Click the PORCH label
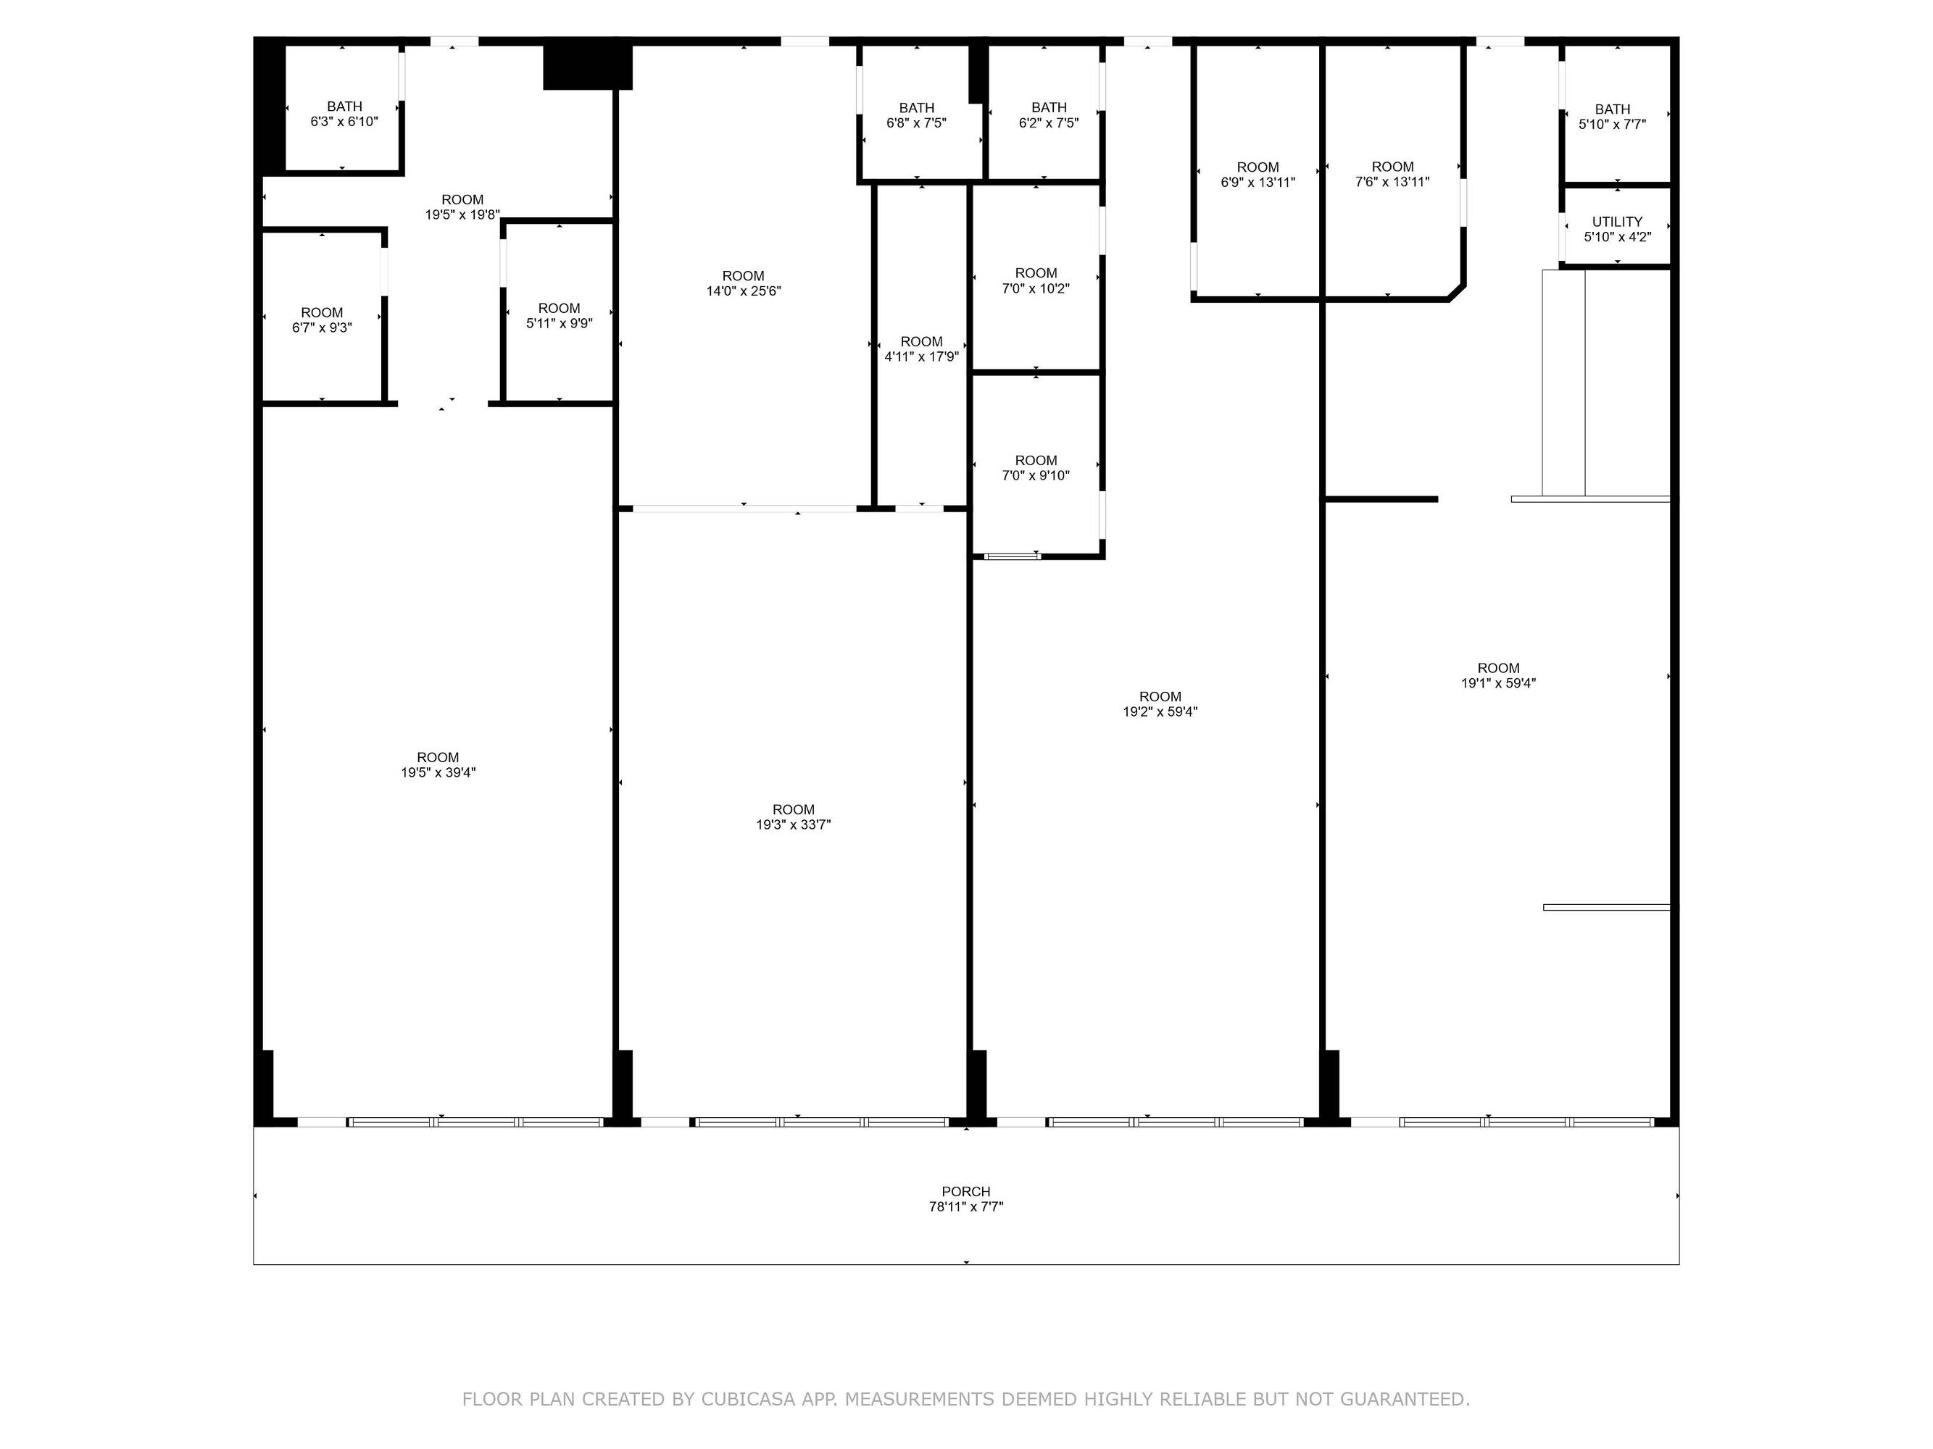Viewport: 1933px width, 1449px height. point(965,1191)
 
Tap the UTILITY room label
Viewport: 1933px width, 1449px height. point(1617,222)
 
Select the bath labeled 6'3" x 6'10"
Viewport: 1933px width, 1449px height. point(344,114)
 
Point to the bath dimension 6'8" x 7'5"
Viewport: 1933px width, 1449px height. point(916,123)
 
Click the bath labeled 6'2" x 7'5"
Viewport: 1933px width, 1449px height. point(1049,115)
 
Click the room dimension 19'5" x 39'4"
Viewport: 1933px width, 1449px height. point(438,772)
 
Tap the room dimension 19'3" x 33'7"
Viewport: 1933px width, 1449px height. point(794,824)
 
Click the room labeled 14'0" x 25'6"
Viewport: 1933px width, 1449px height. point(744,284)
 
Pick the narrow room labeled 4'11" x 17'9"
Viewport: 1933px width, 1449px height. point(922,349)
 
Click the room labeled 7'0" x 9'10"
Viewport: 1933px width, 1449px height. point(1036,468)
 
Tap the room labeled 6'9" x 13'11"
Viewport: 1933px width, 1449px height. point(1258,175)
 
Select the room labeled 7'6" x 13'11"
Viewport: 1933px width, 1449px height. point(1393,175)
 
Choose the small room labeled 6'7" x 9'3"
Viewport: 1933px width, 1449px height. point(323,320)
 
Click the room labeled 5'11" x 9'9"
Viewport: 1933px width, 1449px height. point(560,316)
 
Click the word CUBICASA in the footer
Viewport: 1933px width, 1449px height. point(748,1399)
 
